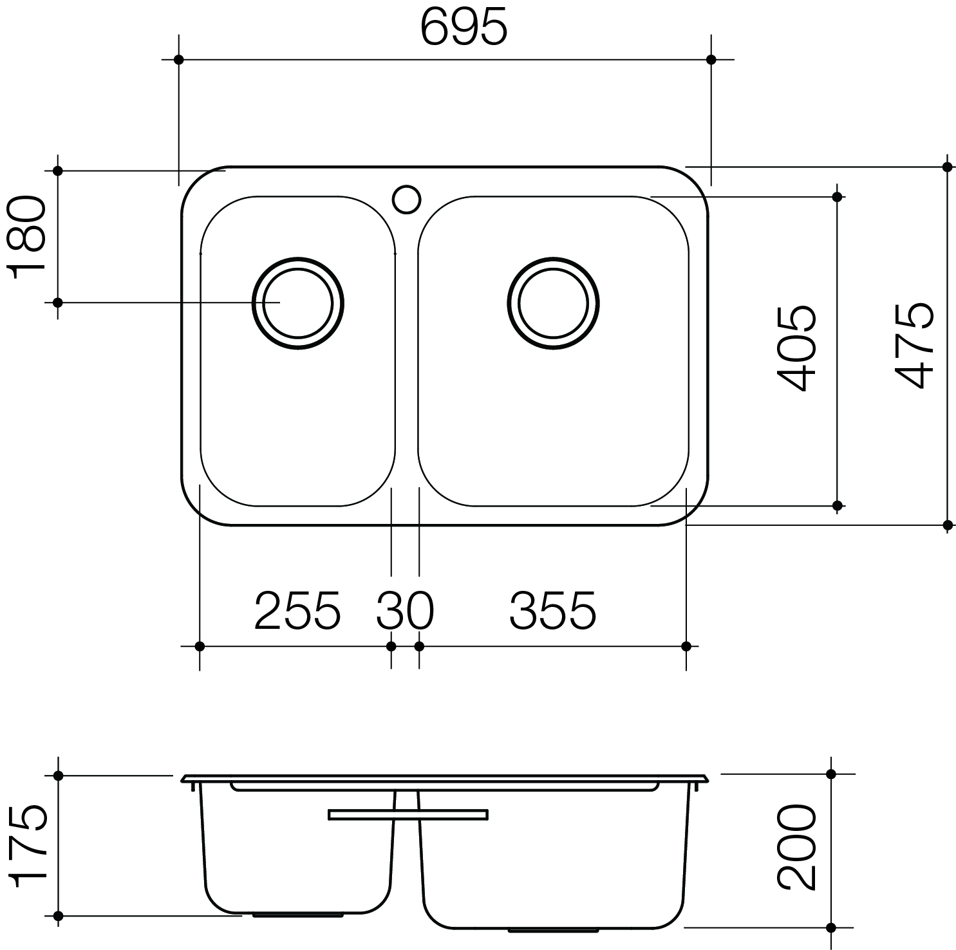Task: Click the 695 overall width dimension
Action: click(464, 28)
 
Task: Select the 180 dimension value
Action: click(27, 236)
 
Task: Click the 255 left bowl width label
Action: click(297, 610)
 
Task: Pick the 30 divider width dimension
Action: click(405, 610)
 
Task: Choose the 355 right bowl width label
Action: click(553, 610)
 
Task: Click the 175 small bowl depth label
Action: click(28, 846)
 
